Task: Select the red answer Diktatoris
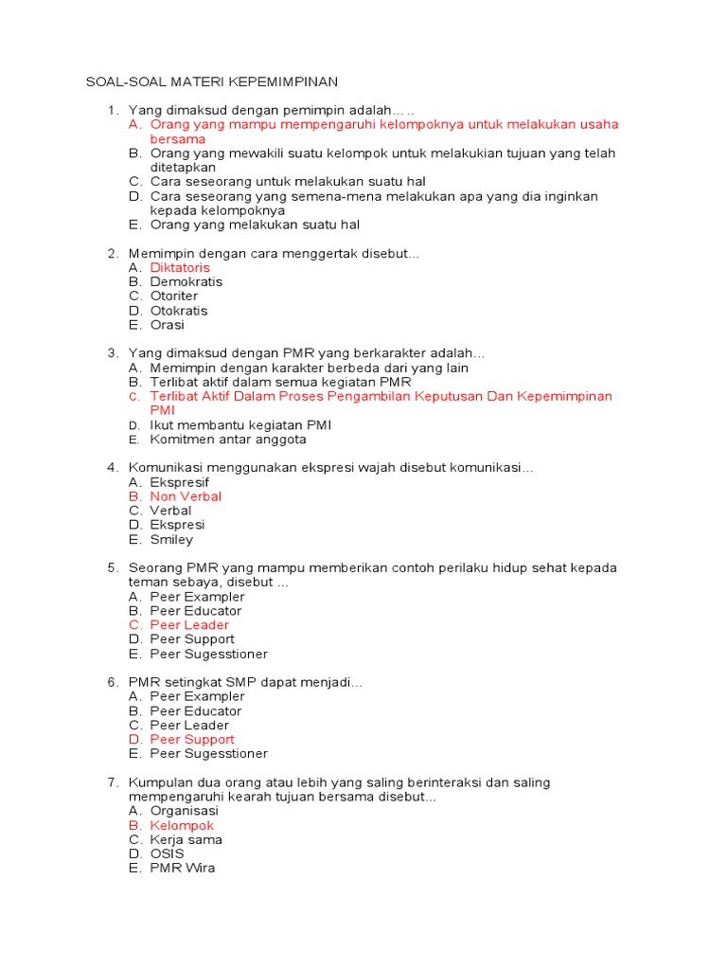click(180, 267)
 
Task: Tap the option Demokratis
click(186, 281)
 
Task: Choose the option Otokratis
click(179, 311)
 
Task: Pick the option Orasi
click(168, 325)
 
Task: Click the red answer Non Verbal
click(186, 496)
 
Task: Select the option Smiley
click(171, 540)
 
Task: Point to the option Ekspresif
click(180, 482)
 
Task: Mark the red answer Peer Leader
click(189, 625)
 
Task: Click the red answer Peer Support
click(192, 740)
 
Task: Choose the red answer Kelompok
click(182, 826)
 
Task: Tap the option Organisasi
click(185, 811)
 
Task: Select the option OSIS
click(168, 854)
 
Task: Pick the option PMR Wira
click(183, 869)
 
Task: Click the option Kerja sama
click(186, 840)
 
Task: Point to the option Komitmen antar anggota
click(228, 440)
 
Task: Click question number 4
click(112, 468)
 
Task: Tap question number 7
click(112, 782)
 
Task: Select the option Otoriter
click(174, 296)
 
